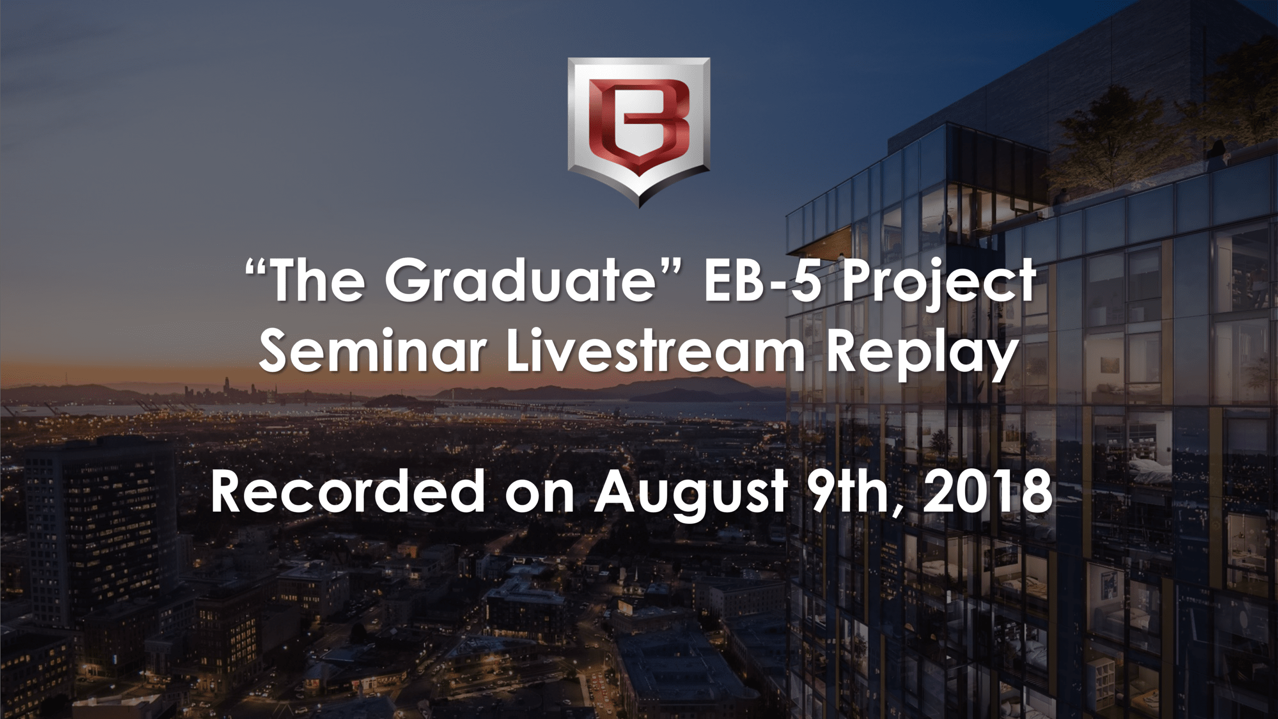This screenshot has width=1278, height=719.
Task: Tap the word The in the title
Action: (x=318, y=281)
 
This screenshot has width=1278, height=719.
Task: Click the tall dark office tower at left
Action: (x=100, y=524)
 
